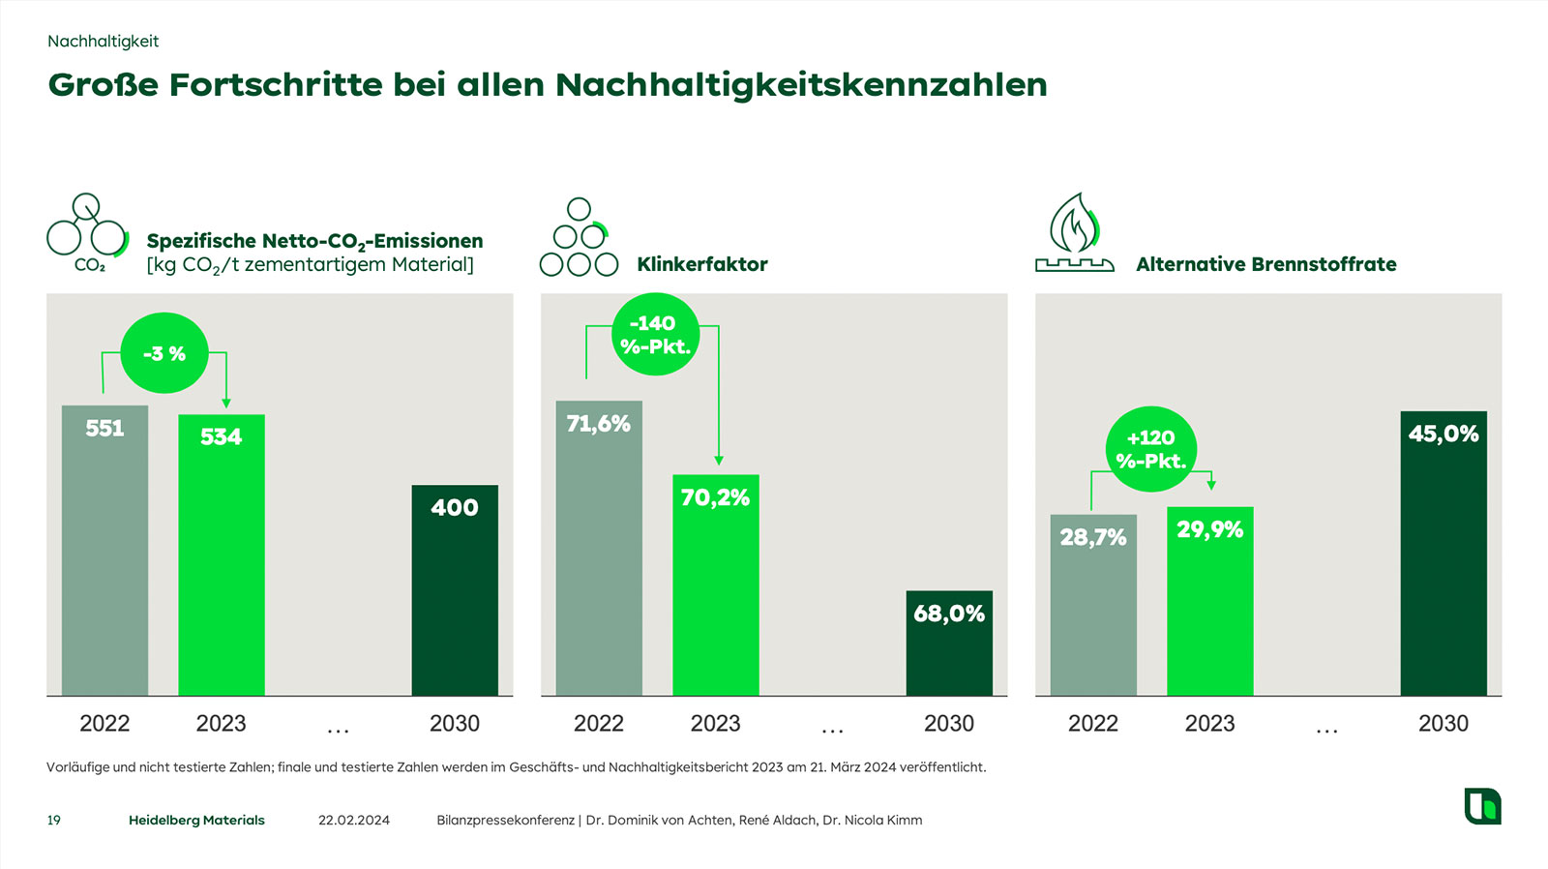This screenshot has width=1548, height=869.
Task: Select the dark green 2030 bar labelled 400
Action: click(x=455, y=590)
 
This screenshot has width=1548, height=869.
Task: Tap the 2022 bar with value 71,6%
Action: click(x=599, y=548)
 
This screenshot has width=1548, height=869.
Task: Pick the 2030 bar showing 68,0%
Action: click(x=949, y=643)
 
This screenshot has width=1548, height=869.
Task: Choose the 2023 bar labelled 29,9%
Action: click(x=1209, y=601)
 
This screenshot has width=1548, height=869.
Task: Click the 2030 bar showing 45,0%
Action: click(x=1443, y=553)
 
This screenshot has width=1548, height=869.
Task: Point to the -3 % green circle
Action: click(x=164, y=353)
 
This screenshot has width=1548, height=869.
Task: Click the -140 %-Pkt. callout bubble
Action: click(x=655, y=334)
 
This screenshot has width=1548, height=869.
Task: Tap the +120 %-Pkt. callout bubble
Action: click(x=1151, y=449)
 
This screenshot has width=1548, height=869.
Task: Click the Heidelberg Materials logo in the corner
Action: click(x=1482, y=806)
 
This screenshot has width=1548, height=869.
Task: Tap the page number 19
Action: click(x=54, y=821)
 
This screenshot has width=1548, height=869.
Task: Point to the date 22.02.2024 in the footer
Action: click(x=354, y=821)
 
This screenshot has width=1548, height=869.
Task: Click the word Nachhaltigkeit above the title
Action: click(x=103, y=42)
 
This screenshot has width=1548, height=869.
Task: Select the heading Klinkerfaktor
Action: click(x=702, y=264)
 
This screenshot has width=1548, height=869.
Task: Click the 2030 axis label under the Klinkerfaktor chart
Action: click(x=949, y=724)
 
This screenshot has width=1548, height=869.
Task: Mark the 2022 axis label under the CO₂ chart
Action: click(x=104, y=724)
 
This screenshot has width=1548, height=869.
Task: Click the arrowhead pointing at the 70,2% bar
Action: click(x=718, y=461)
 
